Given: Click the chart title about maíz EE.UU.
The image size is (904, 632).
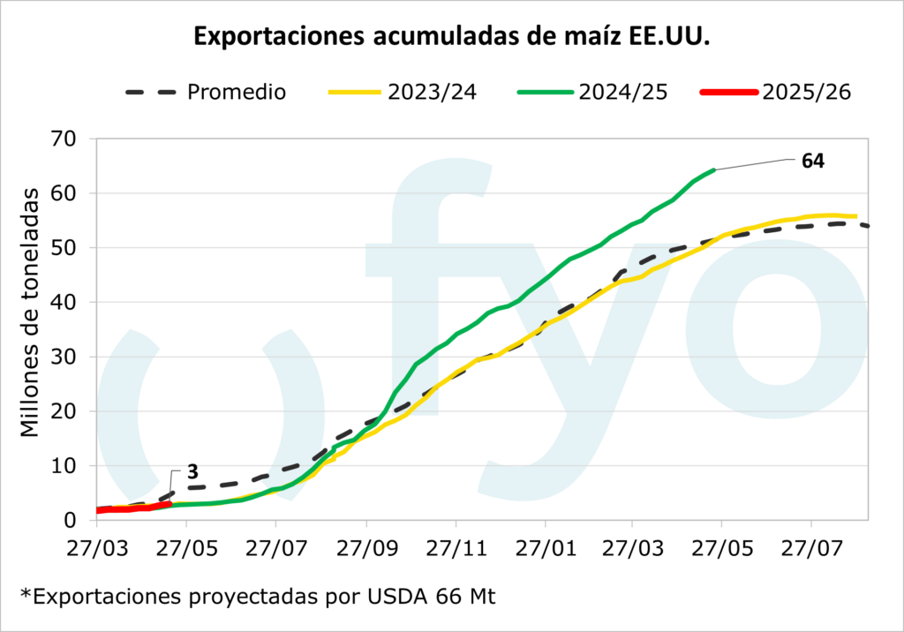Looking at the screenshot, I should (x=451, y=38).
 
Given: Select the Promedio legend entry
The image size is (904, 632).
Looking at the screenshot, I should (x=236, y=92).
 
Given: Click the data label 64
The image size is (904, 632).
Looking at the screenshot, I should (x=812, y=161).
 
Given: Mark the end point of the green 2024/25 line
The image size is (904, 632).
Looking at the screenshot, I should (x=712, y=169).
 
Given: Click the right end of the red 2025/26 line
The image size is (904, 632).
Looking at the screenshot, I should (x=169, y=504).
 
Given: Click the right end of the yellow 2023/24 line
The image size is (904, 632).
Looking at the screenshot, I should (x=855, y=215).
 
